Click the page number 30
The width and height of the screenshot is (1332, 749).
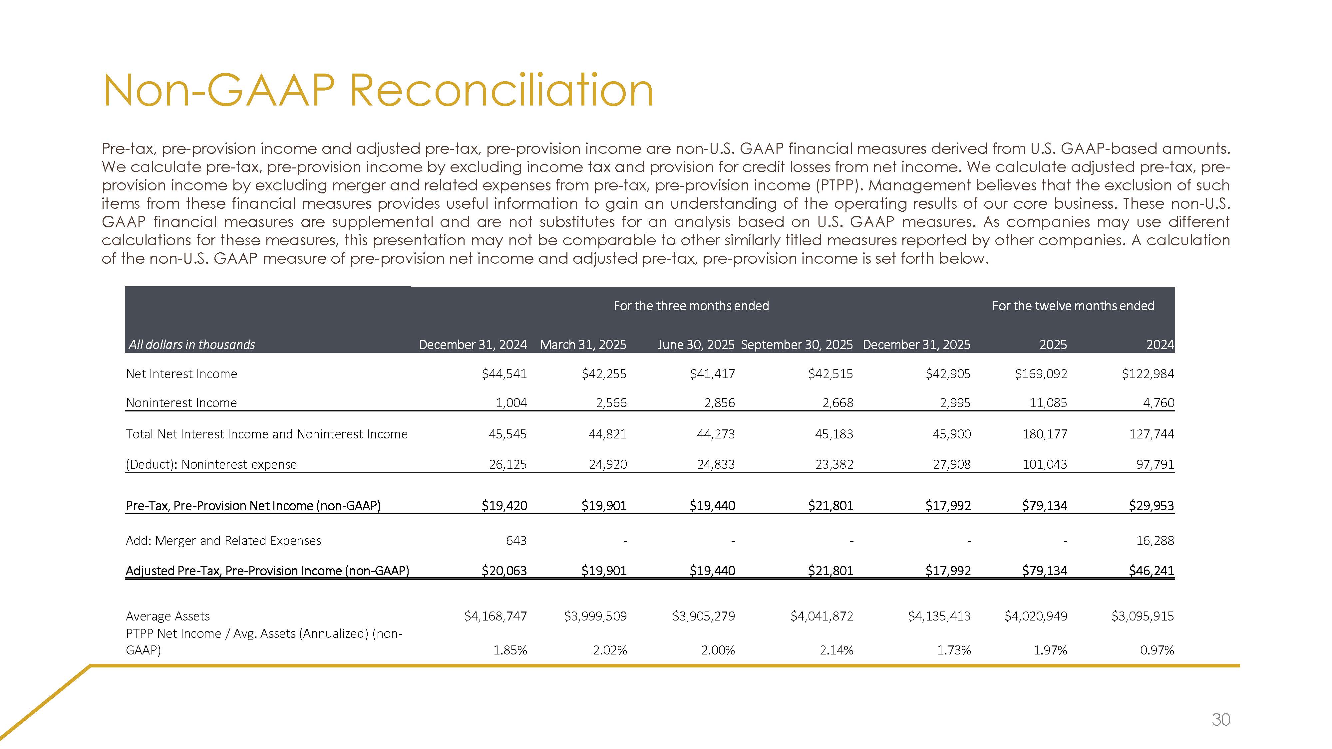(1220, 719)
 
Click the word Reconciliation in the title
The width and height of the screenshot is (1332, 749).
(501, 91)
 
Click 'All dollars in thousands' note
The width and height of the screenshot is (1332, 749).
(192, 345)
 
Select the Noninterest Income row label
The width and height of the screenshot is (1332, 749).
(181, 403)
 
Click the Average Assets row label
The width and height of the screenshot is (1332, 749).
(168, 616)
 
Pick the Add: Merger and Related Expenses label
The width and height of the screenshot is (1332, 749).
(223, 541)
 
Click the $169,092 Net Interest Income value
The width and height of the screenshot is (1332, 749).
(1041, 374)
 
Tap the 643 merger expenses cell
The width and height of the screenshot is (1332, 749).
(516, 541)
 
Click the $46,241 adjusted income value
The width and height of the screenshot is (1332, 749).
(1151, 571)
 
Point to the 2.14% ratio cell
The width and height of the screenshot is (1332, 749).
(836, 650)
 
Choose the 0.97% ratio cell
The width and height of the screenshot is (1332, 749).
(1157, 650)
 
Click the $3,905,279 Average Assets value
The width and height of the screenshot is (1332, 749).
(703, 616)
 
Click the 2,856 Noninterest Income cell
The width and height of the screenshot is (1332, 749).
(719, 403)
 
